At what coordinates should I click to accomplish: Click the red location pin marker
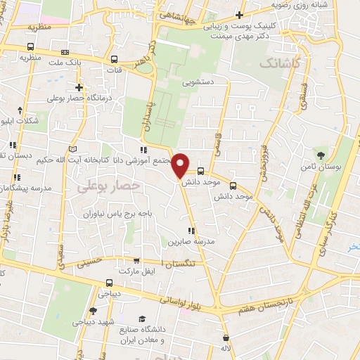(181, 165)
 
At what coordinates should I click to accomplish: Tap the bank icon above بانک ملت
(65, 52)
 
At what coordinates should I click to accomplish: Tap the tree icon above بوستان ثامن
(321, 155)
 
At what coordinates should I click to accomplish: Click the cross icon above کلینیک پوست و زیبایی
(239, 15)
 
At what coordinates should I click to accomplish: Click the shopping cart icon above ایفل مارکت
(136, 260)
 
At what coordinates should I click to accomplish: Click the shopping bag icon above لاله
(225, 337)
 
